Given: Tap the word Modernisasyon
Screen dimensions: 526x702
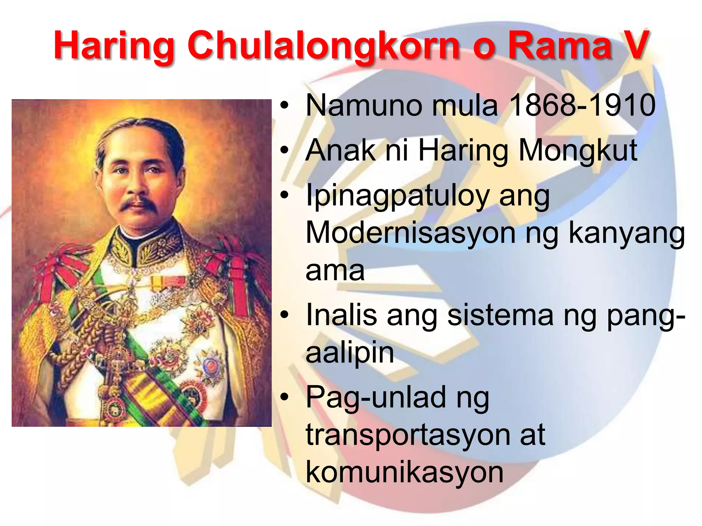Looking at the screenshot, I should pyautogui.click(x=410, y=233).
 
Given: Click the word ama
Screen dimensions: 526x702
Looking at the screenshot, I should pyautogui.click(x=335, y=271).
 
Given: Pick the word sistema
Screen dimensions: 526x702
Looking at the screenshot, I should pyautogui.click(x=500, y=315).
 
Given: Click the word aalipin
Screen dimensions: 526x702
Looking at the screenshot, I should pyautogui.click(x=349, y=353).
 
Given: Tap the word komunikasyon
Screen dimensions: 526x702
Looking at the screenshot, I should pyautogui.click(x=404, y=473).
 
